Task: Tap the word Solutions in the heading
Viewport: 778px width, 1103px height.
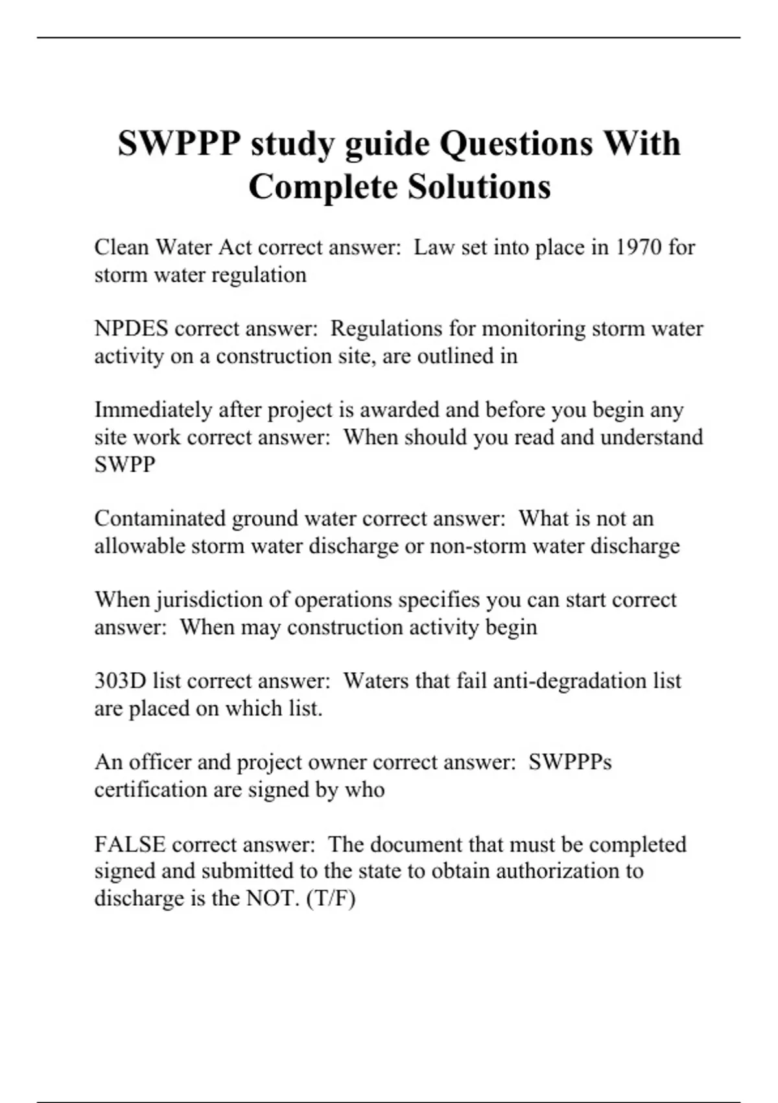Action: coord(479,187)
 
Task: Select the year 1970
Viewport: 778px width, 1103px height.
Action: coord(638,247)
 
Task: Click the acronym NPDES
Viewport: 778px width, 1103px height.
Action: coord(131,328)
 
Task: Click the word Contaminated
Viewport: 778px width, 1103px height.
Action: coord(159,518)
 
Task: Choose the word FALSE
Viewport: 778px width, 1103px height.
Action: coord(130,844)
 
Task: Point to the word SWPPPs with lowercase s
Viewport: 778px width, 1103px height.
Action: coord(570,762)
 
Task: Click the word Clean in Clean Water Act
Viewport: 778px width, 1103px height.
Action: coord(122,247)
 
